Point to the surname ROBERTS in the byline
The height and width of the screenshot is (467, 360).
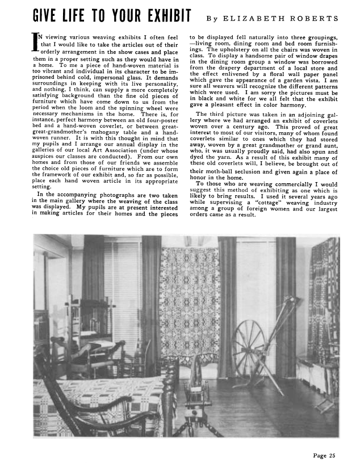pos(313,18)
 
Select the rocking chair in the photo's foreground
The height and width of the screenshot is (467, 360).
pos(79,403)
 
